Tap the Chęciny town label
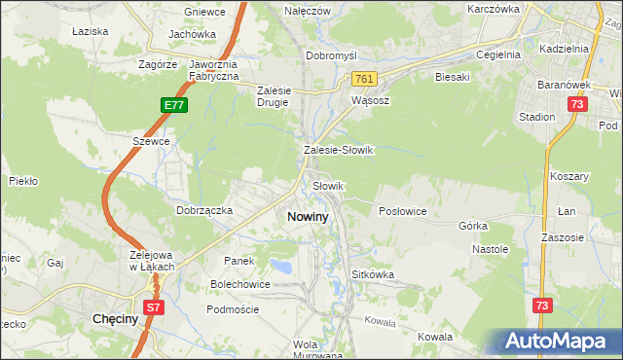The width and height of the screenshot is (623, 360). (113, 318)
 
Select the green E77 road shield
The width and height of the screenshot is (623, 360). (173, 104)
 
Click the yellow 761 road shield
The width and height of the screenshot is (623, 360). (364, 79)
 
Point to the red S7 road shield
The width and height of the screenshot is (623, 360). (154, 306)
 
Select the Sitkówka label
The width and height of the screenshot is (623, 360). (372, 274)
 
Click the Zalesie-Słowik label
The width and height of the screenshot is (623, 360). (339, 151)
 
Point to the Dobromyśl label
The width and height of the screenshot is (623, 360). (334, 55)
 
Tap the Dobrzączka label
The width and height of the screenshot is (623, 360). (203, 209)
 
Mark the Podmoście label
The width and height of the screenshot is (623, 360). (233, 308)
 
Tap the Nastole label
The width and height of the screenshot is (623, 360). (491, 249)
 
